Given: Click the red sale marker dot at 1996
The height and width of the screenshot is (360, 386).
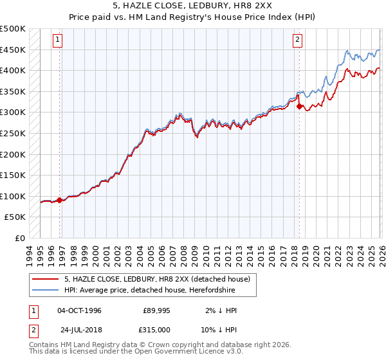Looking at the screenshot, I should tap(60, 200).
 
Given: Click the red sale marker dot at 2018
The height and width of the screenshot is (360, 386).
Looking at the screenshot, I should tap(299, 106).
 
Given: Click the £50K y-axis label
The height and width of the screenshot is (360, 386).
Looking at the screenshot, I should tap(15, 217).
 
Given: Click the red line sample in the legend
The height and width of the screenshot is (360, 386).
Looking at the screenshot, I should tap(46, 279).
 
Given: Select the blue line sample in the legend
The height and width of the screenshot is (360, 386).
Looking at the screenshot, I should tap(46, 291).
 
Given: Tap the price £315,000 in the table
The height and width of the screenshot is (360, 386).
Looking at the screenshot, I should tap(156, 330).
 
